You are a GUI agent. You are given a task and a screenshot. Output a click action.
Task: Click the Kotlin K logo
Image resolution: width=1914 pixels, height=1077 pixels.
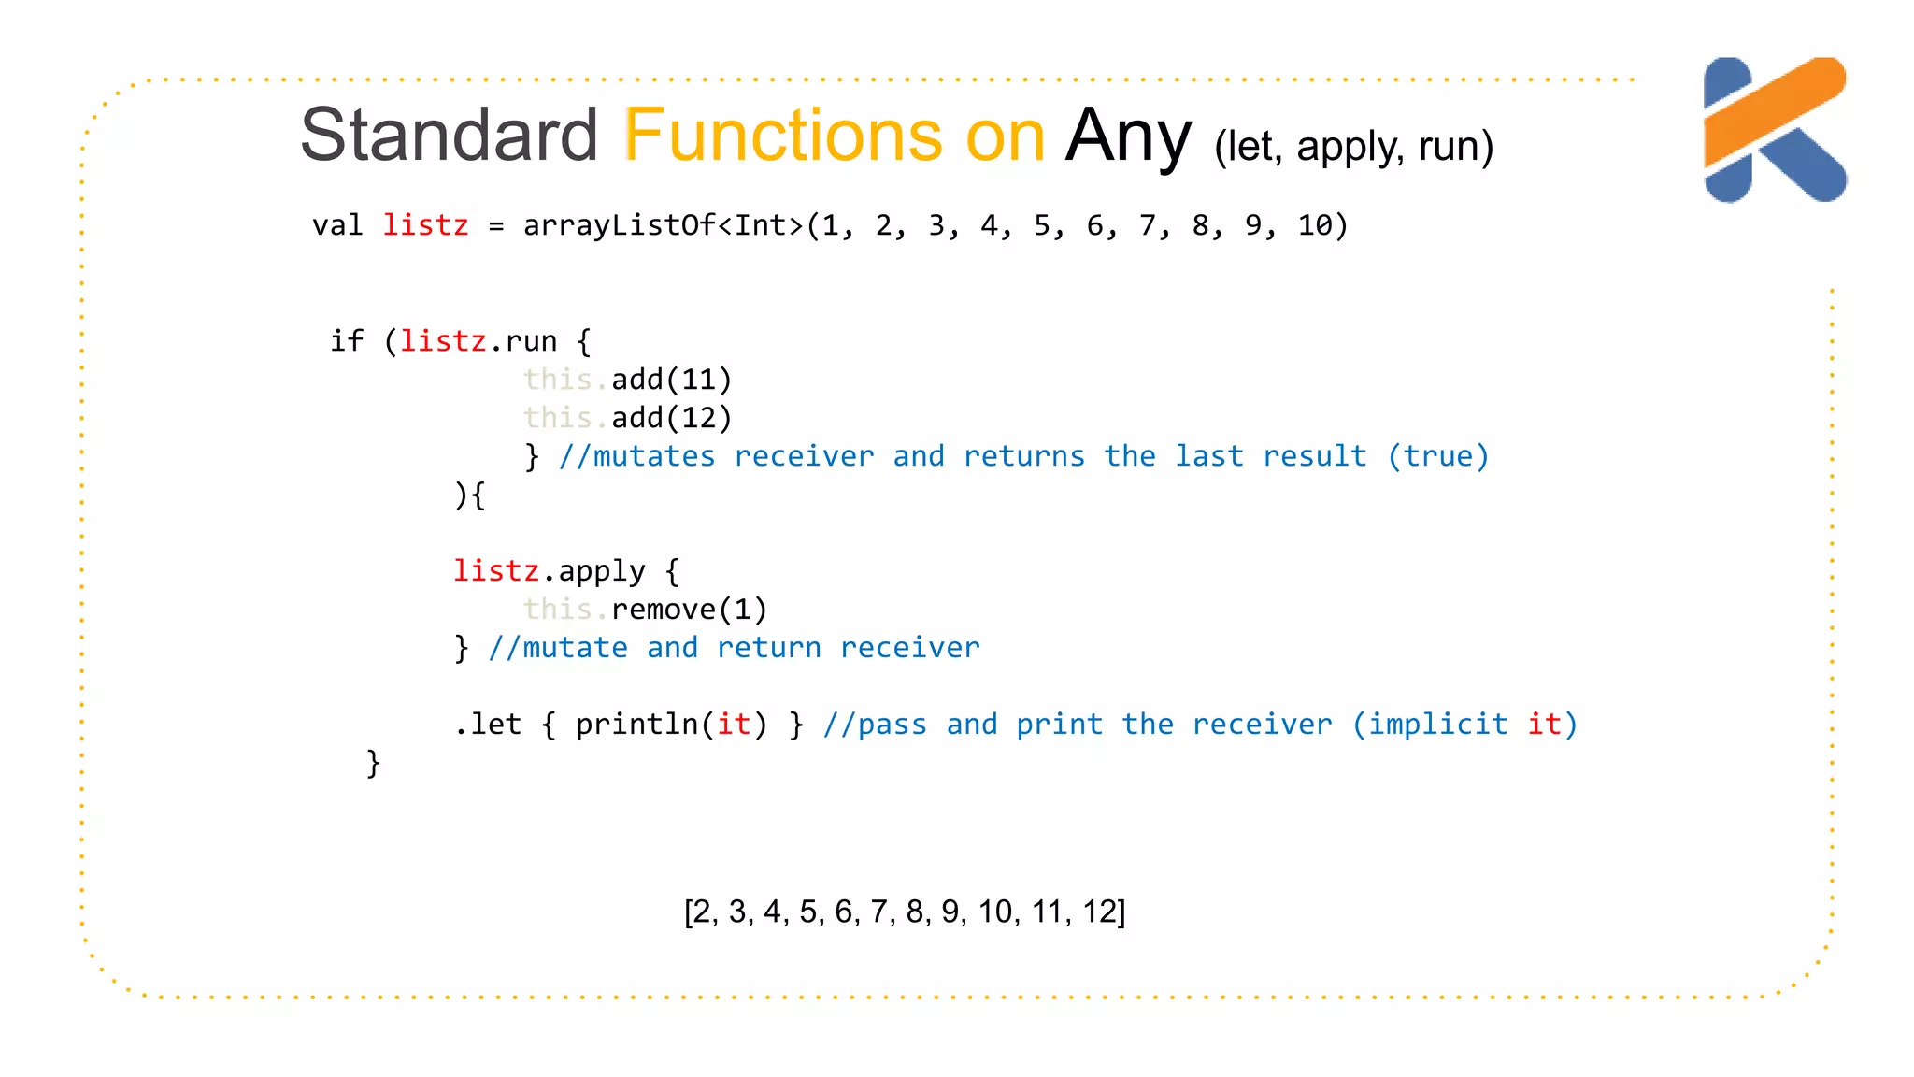pos(1774,129)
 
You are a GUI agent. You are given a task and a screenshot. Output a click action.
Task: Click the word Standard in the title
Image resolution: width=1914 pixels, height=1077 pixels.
pos(449,136)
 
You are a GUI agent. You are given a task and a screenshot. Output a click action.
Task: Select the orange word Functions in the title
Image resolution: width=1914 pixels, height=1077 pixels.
pos(783,136)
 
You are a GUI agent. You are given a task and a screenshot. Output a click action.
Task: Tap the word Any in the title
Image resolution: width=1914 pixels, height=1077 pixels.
pos(1127,136)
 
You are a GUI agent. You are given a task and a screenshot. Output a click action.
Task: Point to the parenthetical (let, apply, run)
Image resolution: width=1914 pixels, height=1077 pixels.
pos(1353,147)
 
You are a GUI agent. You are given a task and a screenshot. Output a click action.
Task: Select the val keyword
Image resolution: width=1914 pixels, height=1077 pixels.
pos(337,225)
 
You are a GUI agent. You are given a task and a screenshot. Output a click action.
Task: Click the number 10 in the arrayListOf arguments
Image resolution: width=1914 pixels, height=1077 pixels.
pos(1314,225)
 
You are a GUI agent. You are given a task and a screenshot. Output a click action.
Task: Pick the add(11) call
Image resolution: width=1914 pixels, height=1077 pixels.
pos(671,380)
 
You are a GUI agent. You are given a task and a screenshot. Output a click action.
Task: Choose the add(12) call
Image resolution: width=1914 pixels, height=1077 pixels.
pos(671,418)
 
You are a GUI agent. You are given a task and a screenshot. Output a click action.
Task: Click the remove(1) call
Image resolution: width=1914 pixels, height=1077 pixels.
pos(689,610)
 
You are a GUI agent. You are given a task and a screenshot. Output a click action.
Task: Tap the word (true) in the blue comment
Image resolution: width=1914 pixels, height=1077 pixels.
pos(1437,456)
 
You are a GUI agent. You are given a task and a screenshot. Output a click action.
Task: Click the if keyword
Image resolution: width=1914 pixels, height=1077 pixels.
pos(347,341)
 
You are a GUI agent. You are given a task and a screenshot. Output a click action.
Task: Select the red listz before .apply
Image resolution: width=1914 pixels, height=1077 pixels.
pos(495,571)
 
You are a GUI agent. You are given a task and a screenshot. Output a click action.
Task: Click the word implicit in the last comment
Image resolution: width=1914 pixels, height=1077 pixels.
pos(1437,725)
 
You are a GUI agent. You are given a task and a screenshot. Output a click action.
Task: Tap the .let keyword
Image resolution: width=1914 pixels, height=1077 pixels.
pos(487,725)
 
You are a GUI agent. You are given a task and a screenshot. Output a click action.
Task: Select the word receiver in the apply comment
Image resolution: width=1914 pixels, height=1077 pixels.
pos(909,648)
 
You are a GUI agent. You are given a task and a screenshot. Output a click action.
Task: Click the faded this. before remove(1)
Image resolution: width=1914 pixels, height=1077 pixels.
pos(564,610)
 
